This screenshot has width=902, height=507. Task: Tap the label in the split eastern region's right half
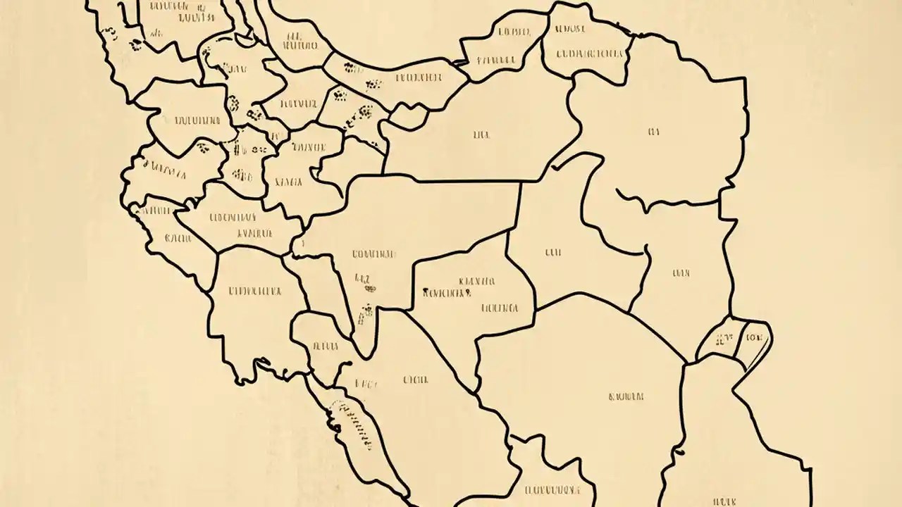click(x=753, y=337)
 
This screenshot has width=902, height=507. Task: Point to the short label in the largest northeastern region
click(x=653, y=131)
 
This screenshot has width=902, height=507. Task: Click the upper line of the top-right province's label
click(x=569, y=30)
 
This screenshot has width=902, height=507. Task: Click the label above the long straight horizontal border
click(x=482, y=134)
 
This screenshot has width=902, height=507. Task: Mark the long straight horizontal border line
click(x=465, y=181)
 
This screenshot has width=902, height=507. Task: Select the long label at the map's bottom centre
click(x=552, y=489)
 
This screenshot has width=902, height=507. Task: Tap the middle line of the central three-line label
click(x=446, y=292)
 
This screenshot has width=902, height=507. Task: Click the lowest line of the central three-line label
click(x=500, y=308)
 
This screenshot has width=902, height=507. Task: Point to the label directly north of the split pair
click(x=681, y=273)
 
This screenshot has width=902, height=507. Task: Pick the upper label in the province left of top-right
click(x=513, y=32)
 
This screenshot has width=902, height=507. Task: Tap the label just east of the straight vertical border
click(x=552, y=251)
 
